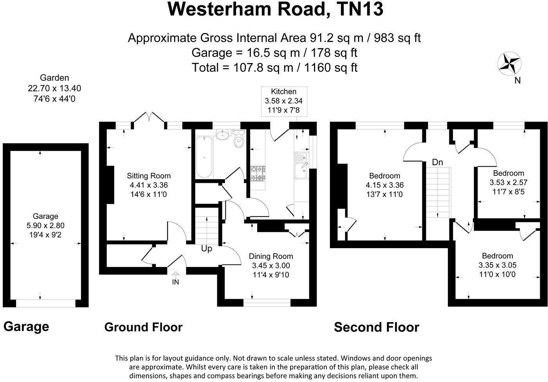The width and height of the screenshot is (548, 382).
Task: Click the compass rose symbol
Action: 509,63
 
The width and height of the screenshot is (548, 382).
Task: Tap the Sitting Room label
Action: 149,176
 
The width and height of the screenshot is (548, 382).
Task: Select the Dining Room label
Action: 271,256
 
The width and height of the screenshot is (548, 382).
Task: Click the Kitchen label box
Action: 284,101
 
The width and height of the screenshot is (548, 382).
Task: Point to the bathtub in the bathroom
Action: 204,157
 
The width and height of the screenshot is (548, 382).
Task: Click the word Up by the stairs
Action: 207,249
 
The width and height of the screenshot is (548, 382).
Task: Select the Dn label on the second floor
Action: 437,162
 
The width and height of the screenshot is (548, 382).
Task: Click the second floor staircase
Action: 438,192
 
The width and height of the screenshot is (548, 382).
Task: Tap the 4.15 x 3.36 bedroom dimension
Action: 384,185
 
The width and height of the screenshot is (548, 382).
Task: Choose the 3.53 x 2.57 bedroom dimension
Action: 508,182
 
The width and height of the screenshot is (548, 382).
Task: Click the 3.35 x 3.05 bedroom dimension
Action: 498,265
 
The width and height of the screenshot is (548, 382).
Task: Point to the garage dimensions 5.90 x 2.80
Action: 45,225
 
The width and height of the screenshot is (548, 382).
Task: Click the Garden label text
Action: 54,78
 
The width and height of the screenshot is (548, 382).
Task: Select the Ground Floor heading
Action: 143,327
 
